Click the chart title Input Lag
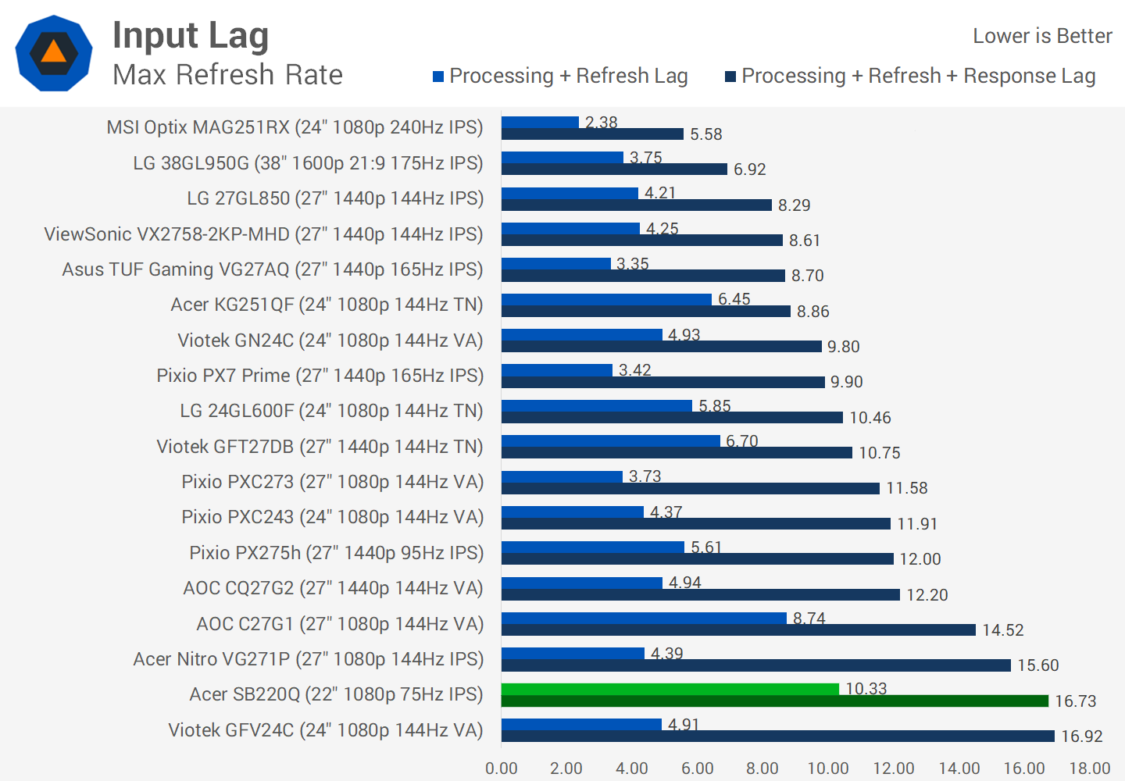click(191, 36)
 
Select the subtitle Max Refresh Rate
click(227, 75)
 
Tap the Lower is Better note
click(1041, 36)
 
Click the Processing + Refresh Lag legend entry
click(560, 76)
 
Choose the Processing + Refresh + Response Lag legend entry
click(910, 76)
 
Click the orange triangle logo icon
click(54, 52)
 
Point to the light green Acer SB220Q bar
click(670, 689)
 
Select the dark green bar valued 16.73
click(774, 701)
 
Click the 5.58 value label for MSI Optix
click(705, 134)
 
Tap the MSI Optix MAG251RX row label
click(295, 127)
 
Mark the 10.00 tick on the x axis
click(828, 769)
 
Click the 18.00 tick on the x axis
click(1089, 769)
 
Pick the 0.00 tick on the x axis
click(502, 769)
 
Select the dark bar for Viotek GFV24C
click(777, 736)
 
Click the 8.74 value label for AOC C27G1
click(809, 619)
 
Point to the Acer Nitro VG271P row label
click(308, 659)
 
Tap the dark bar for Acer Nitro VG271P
click(755, 665)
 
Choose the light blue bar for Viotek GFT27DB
click(610, 441)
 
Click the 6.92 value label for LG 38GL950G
click(749, 169)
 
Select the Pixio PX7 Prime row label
click(320, 376)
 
